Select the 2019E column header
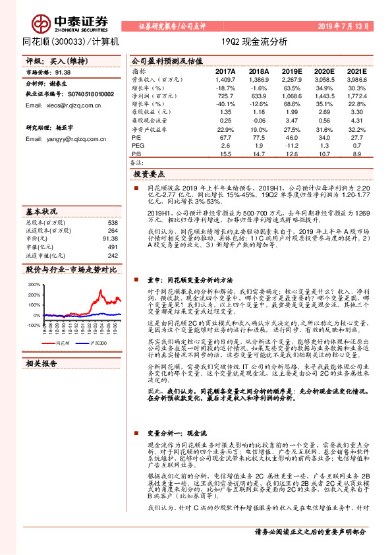pyautogui.click(x=291, y=72)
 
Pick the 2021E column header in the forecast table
pyautogui.click(x=356, y=72)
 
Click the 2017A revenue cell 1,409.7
pyautogui.click(x=225, y=80)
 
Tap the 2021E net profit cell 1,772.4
pyautogui.click(x=356, y=96)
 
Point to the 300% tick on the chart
pyautogui.click(x=33, y=284)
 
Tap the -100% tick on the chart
pyautogui.click(x=32, y=325)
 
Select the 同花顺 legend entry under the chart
pyautogui.click(x=62, y=362)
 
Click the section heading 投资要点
pyautogui.click(x=149, y=174)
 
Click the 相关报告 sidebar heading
pyautogui.click(x=41, y=382)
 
